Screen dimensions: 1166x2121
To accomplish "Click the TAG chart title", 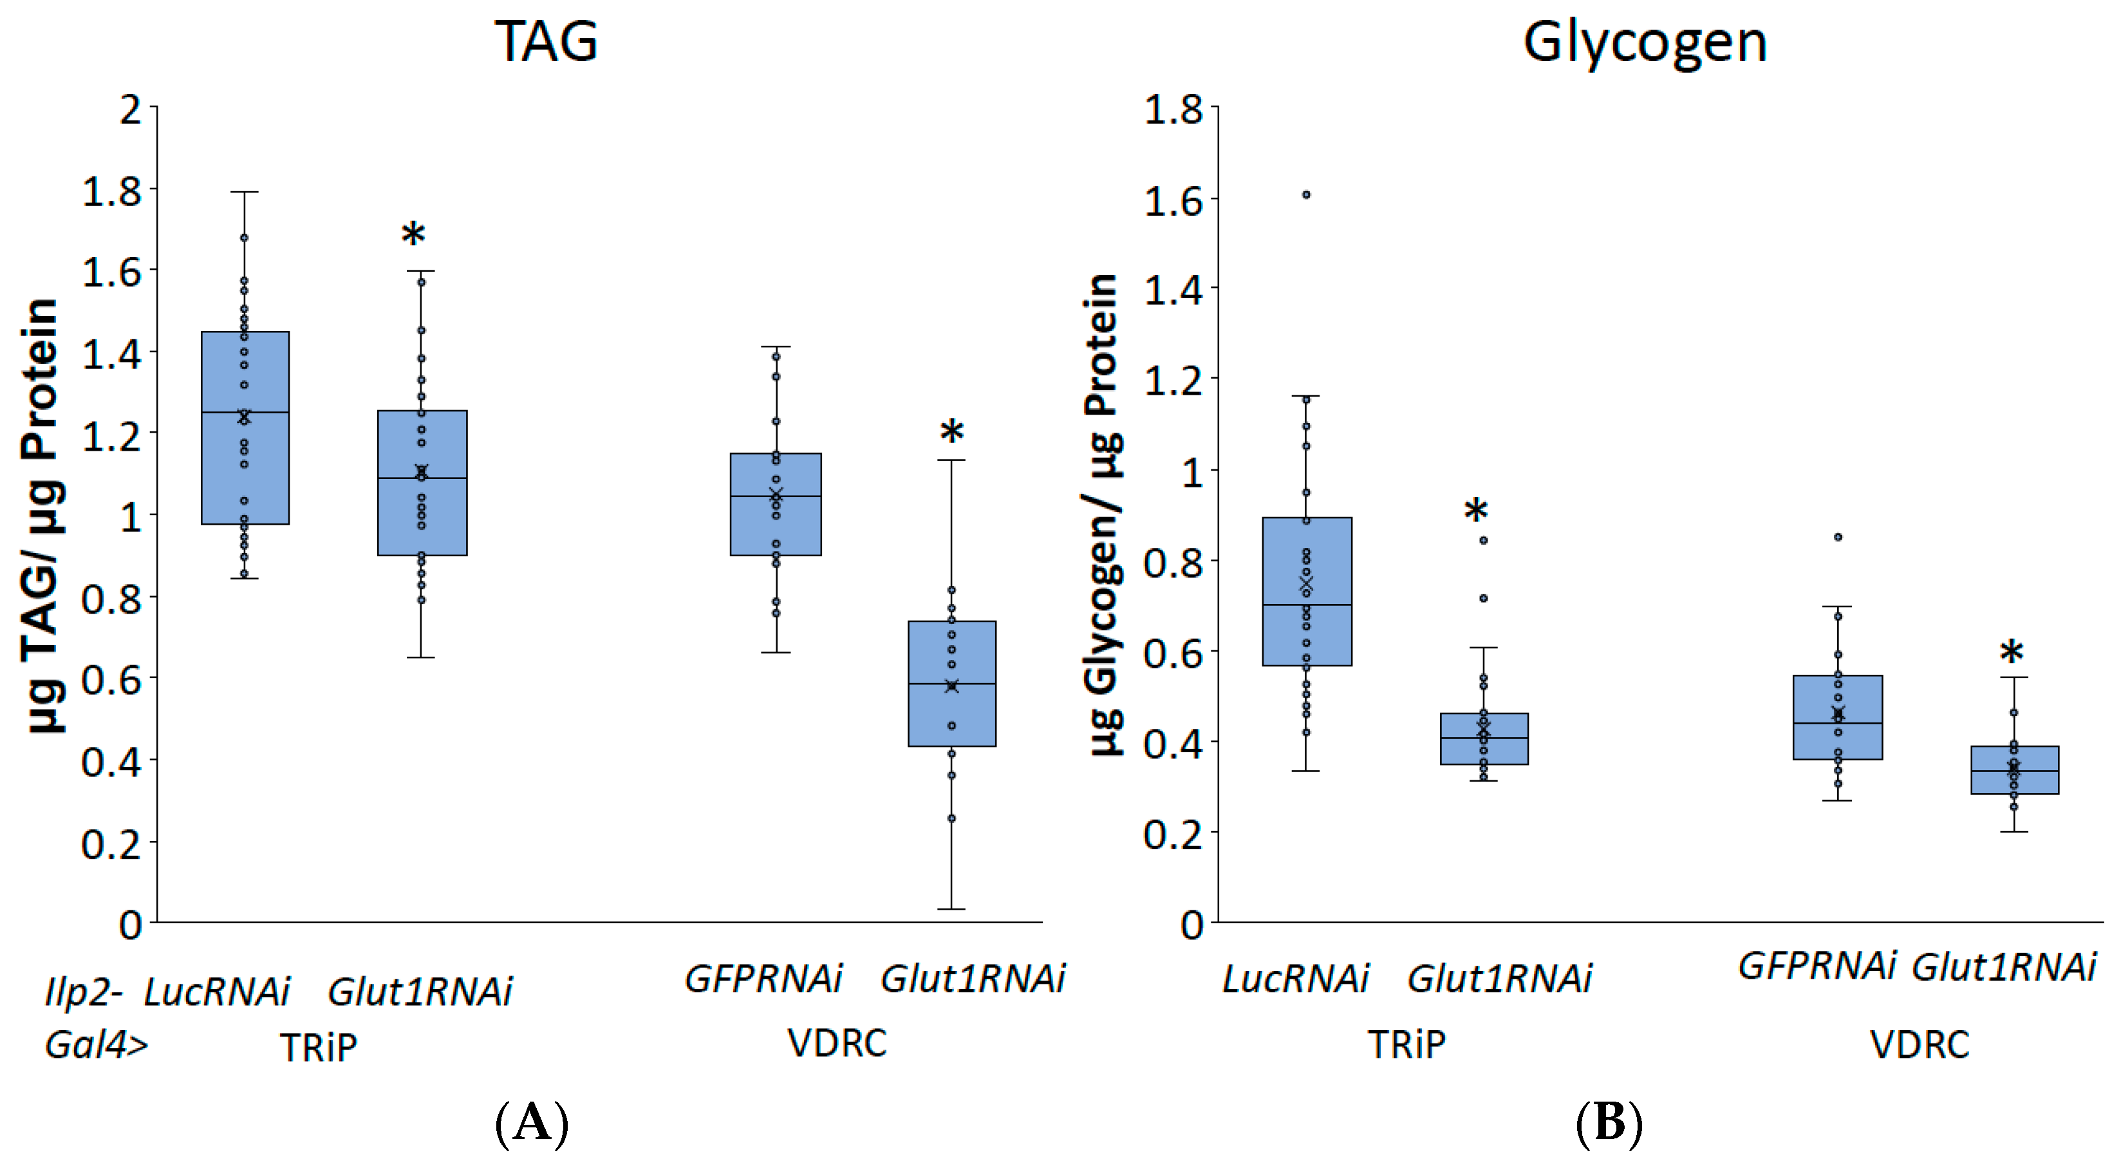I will point(546,41).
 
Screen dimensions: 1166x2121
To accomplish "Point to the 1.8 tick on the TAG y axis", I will point(112,191).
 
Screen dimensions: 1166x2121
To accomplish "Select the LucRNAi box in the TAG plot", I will point(245,428).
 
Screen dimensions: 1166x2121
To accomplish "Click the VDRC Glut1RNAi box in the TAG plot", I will point(952,684).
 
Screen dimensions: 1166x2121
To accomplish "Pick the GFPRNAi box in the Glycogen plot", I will point(1838,717).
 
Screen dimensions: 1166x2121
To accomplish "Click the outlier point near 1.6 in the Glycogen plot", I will point(1306,195).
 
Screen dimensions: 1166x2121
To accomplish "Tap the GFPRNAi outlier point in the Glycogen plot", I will point(1838,537).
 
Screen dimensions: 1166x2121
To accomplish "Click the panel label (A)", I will point(532,1122).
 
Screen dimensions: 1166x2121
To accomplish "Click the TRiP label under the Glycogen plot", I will point(1406,1044).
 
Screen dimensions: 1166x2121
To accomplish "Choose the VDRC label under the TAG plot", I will point(837,1042).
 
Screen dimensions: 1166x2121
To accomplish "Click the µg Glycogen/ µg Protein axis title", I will point(1103,514).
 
